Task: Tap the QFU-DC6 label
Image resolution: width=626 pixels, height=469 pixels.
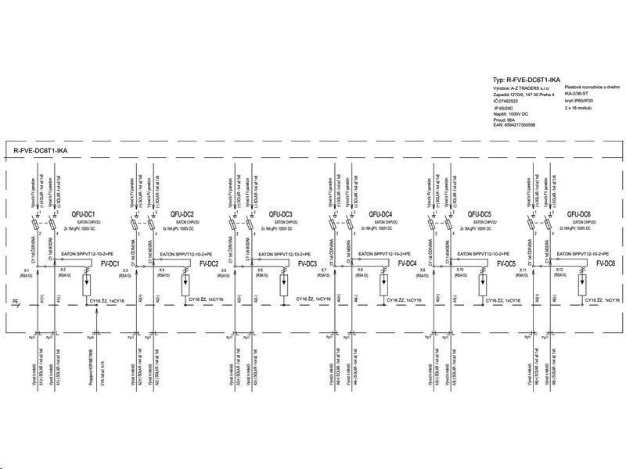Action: point(578,214)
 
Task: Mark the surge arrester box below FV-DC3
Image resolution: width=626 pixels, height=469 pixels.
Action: point(283,282)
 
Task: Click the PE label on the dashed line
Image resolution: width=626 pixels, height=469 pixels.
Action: point(15,300)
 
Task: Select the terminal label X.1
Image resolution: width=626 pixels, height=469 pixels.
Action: point(27,270)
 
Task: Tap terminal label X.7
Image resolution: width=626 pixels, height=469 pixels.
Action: point(324,270)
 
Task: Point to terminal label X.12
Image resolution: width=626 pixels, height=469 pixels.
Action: point(559,270)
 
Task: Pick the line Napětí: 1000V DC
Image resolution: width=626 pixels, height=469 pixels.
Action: point(513,113)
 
